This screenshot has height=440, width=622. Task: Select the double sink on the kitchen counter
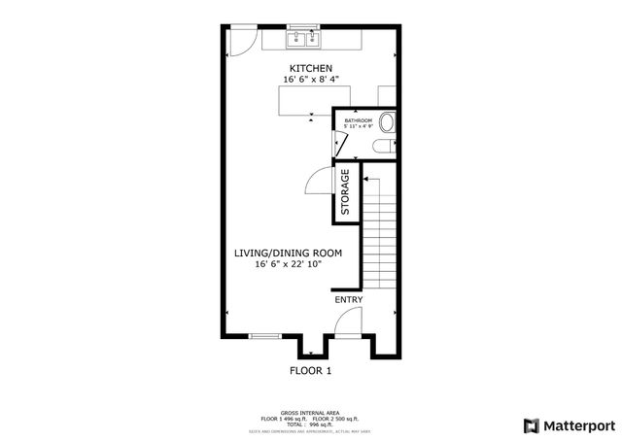click(x=303, y=39)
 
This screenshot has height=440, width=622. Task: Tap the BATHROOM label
click(x=358, y=120)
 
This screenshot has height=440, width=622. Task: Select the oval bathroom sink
click(x=387, y=123)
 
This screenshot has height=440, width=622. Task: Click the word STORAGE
click(x=346, y=192)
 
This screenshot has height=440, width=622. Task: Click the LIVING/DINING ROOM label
click(x=288, y=253)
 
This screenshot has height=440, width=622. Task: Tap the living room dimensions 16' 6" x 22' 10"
click(x=288, y=264)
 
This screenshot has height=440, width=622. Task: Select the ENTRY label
click(x=349, y=300)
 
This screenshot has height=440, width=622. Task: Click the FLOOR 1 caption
click(x=311, y=371)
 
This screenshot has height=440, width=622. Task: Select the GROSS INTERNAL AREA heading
click(x=310, y=413)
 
